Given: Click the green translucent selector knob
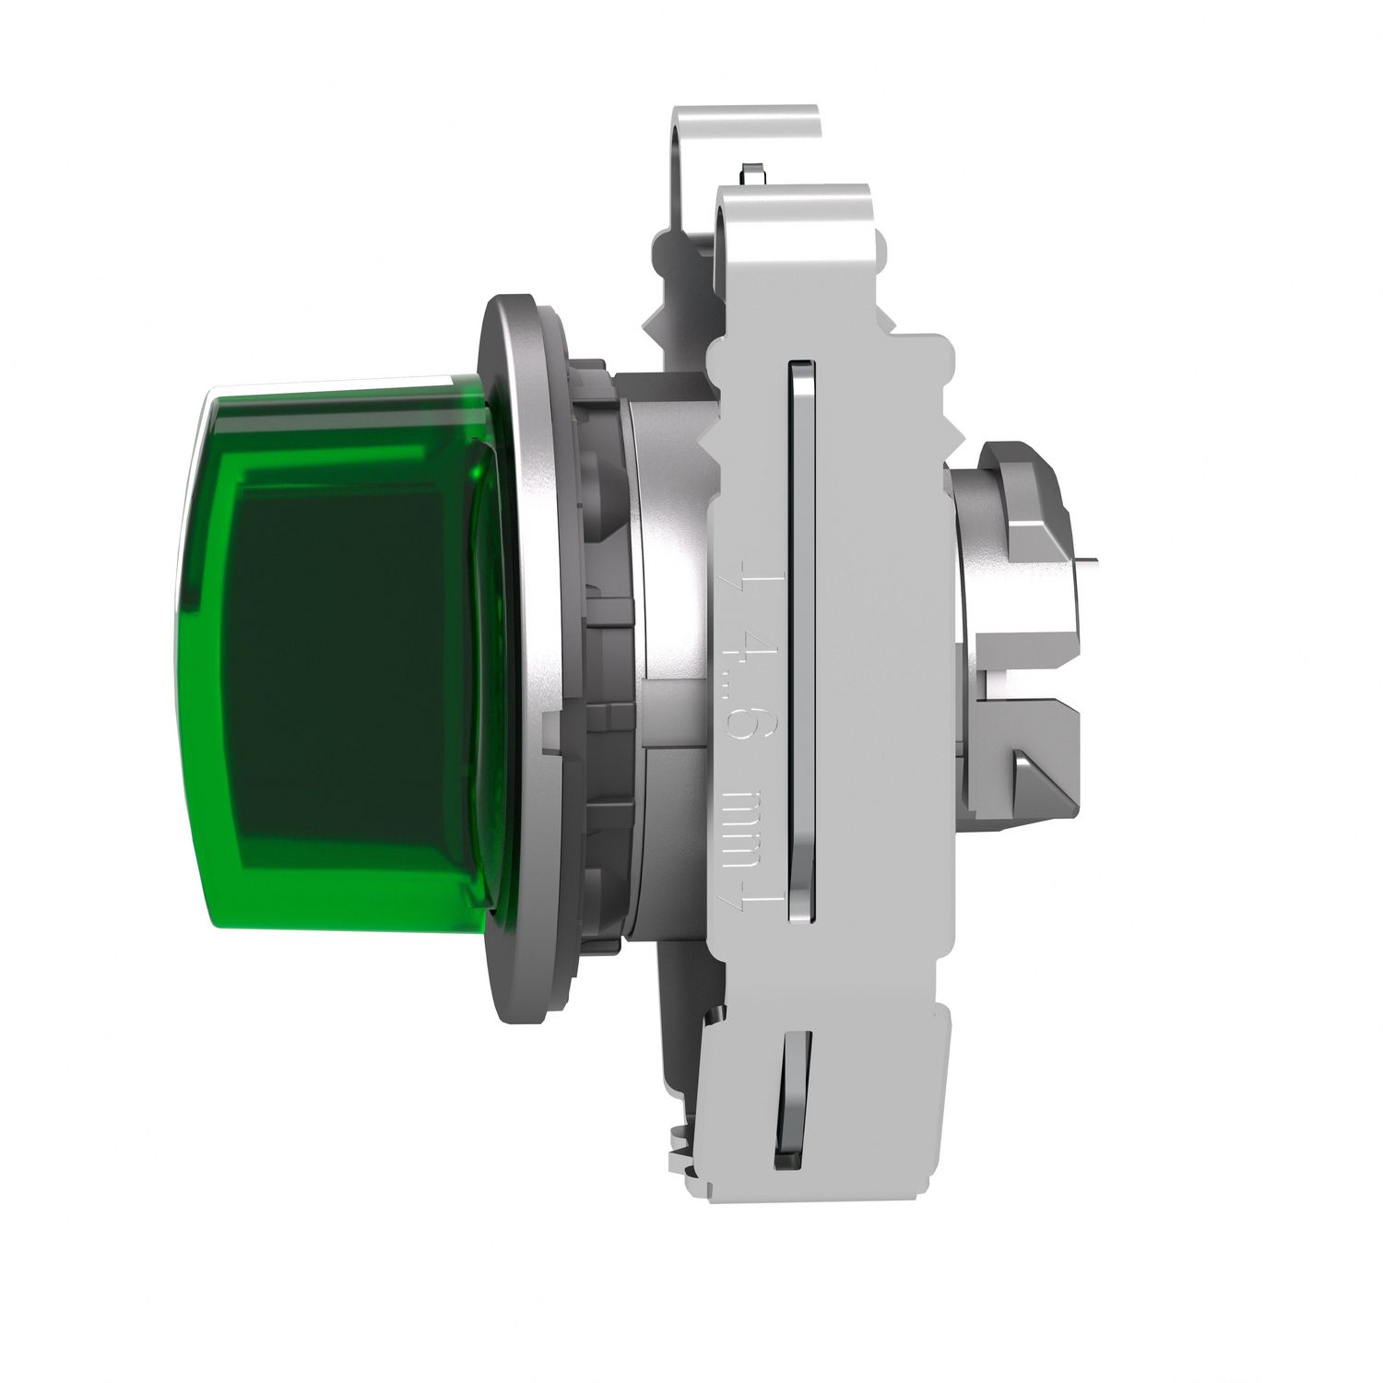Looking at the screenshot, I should point(332,655).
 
